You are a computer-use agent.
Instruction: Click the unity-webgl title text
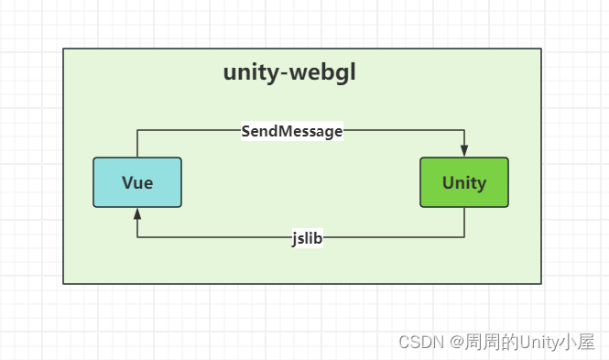(x=289, y=73)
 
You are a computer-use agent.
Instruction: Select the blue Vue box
(x=137, y=182)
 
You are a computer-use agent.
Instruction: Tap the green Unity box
(x=463, y=182)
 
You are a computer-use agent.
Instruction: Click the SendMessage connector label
(x=291, y=131)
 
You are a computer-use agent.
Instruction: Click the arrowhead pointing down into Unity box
(x=464, y=151)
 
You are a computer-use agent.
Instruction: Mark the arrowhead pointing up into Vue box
(x=137, y=213)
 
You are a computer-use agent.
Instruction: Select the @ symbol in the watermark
(x=455, y=342)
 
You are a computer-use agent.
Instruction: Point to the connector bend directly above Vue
(x=137, y=130)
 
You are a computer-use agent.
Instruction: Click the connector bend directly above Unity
(x=464, y=130)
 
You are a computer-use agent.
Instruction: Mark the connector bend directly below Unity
(x=464, y=237)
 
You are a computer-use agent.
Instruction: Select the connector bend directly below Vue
(x=137, y=237)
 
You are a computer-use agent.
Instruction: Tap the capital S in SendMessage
(x=246, y=131)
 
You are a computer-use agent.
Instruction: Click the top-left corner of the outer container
(x=63, y=49)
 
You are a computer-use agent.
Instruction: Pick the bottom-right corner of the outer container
(x=541, y=284)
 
